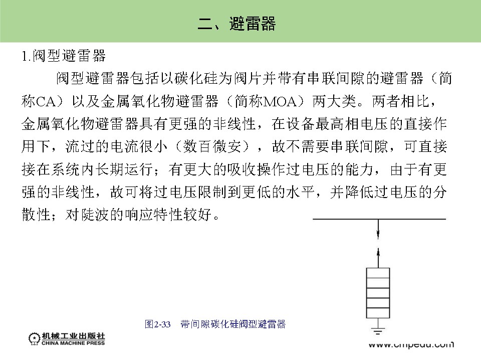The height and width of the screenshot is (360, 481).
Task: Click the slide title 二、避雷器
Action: click(x=237, y=24)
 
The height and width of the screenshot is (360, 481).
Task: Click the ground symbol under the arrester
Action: click(x=378, y=331)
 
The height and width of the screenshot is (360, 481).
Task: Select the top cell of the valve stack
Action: click(x=378, y=273)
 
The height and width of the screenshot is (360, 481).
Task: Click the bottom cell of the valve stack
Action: click(x=378, y=313)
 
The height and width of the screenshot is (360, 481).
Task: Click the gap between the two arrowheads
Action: click(x=378, y=244)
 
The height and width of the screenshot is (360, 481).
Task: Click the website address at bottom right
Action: click(x=411, y=344)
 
